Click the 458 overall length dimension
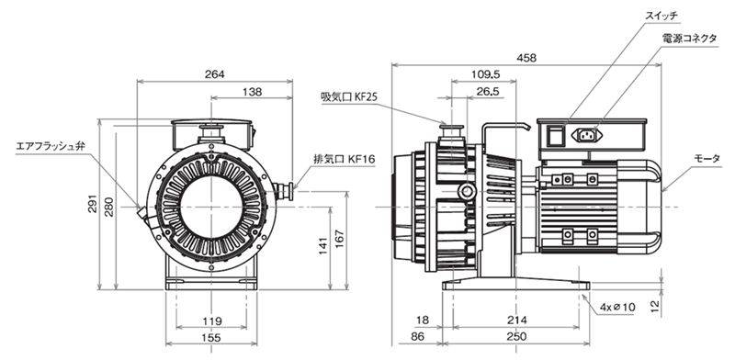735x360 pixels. [526, 58]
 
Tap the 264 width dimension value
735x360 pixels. [215, 74]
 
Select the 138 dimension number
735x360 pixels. [252, 92]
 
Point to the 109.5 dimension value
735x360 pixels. [485, 74]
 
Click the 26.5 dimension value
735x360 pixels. [488, 92]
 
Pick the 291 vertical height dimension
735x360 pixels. [94, 204]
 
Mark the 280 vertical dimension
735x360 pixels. [109, 207]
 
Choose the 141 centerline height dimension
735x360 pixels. [323, 245]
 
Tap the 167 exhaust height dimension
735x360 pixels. [339, 239]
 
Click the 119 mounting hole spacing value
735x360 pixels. [212, 321]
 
